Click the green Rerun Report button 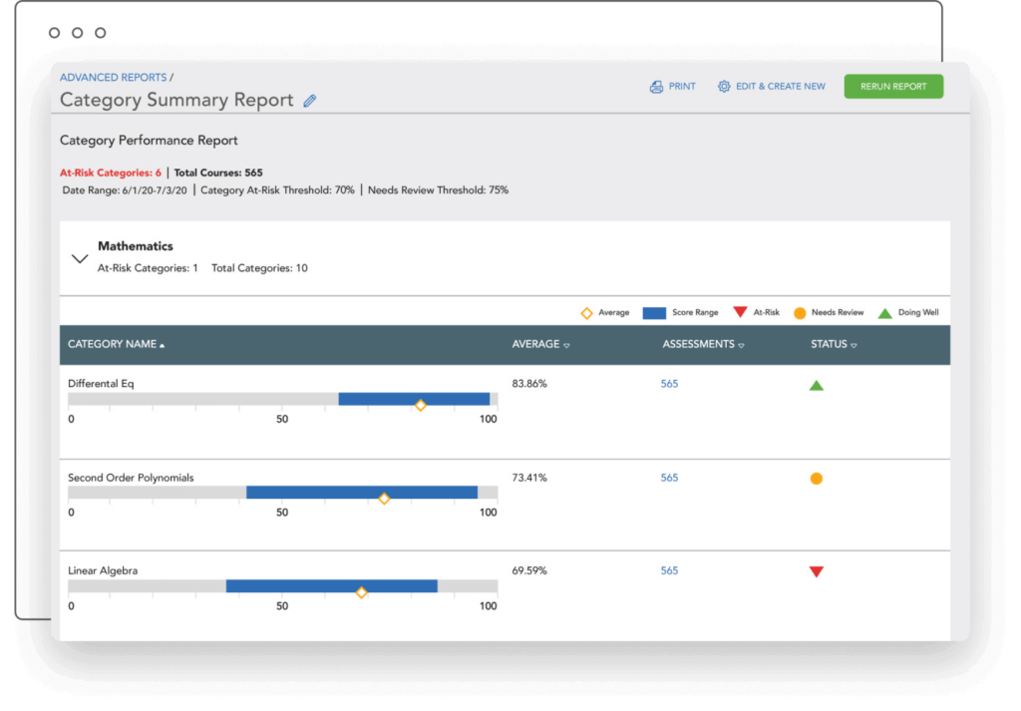[893, 87]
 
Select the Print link [673, 87]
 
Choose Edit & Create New [772, 87]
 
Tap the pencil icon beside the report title [310, 101]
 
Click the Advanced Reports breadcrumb [113, 77]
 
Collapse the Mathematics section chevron [80, 258]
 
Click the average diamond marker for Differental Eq [420, 405]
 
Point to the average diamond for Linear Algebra [361, 592]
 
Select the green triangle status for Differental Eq [816, 385]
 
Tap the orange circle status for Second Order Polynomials [816, 479]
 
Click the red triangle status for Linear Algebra [816, 571]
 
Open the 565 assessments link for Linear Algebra [669, 570]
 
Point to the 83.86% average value [529, 384]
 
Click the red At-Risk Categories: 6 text [110, 173]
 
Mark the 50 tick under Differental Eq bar [282, 419]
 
